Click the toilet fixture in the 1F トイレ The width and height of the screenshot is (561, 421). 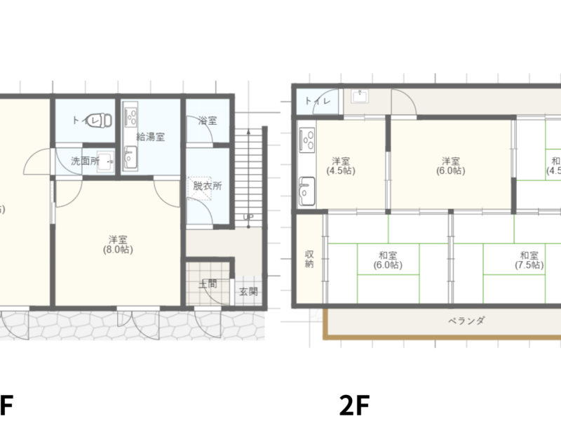(x=104, y=120)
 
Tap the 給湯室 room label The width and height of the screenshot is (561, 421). (x=151, y=137)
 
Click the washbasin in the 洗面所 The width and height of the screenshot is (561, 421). (x=106, y=159)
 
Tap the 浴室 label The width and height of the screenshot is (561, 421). (x=207, y=121)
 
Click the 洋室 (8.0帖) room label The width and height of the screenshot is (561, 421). (x=117, y=243)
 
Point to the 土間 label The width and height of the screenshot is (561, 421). (x=207, y=284)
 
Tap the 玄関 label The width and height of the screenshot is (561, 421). (x=248, y=291)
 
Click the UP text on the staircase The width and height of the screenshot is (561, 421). (x=248, y=216)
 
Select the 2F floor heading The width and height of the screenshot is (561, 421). (x=354, y=406)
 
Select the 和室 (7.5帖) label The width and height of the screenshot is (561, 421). (x=529, y=260)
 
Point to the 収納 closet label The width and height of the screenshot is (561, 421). (x=309, y=259)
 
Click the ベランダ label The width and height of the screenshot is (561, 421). (x=466, y=321)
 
